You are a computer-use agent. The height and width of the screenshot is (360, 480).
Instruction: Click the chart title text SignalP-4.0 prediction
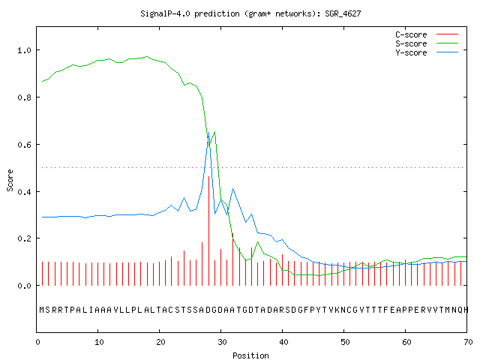[x=190, y=13]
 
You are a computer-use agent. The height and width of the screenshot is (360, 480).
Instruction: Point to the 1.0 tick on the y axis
[x=24, y=50]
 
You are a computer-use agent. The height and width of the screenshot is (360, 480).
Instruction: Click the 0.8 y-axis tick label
[x=24, y=97]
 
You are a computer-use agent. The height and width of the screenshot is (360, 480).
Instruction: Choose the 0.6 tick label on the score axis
[x=24, y=145]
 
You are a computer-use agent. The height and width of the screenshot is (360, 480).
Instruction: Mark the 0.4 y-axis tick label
[x=24, y=192]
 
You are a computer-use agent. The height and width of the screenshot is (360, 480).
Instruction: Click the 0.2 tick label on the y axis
[x=24, y=238]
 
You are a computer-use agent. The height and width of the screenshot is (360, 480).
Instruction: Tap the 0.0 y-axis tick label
[x=24, y=286]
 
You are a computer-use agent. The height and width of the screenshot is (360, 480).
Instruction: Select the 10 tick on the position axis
[x=99, y=342]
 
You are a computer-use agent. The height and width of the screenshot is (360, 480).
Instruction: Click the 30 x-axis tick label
[x=222, y=342]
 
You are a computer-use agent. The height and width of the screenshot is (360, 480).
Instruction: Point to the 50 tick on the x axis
[x=345, y=342]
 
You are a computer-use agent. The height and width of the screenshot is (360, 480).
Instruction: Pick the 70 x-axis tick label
[x=468, y=342]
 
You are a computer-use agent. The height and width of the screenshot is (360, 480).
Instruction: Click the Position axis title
[x=250, y=355]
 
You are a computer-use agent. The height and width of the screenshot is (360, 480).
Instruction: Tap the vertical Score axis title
[x=10, y=180]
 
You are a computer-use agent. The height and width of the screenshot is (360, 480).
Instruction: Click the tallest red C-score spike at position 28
[x=208, y=231]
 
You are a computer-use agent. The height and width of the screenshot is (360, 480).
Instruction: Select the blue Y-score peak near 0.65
[x=208, y=133]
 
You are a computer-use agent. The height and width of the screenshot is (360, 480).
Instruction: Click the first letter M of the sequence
[x=42, y=310]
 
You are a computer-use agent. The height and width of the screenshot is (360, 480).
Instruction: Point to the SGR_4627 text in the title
[x=343, y=13]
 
